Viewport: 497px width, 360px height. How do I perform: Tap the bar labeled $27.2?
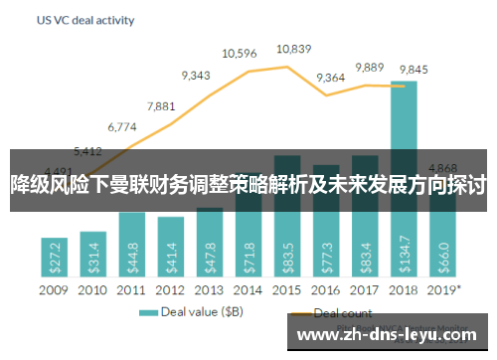point(54,259)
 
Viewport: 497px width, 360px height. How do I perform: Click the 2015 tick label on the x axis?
point(287,289)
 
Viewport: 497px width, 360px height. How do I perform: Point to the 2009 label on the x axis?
point(54,289)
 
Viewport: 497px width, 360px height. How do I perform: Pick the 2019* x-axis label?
point(443,289)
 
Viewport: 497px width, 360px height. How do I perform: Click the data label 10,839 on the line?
point(294,48)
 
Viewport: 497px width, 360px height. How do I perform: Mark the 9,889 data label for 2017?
point(369,67)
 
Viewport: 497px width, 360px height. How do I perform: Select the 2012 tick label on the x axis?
point(170,289)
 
